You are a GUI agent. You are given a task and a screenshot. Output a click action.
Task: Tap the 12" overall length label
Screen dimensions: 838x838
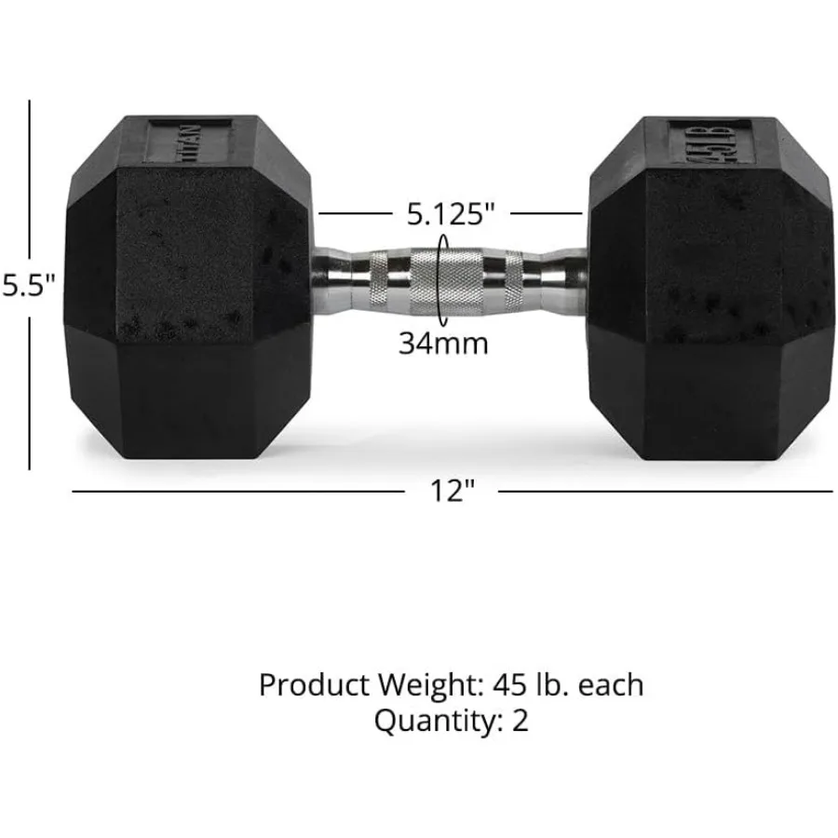446,491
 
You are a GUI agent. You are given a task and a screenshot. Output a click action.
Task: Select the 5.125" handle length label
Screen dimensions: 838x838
449,214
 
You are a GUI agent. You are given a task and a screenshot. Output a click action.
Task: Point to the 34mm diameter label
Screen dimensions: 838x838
443,343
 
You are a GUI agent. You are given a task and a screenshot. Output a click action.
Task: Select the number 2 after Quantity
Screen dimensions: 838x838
520,721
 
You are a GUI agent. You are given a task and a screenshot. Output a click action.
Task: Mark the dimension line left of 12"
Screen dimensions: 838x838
233,491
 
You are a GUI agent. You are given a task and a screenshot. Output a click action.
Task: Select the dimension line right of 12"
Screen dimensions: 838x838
666,491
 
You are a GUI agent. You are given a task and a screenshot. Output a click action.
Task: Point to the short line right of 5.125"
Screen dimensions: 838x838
547,213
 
